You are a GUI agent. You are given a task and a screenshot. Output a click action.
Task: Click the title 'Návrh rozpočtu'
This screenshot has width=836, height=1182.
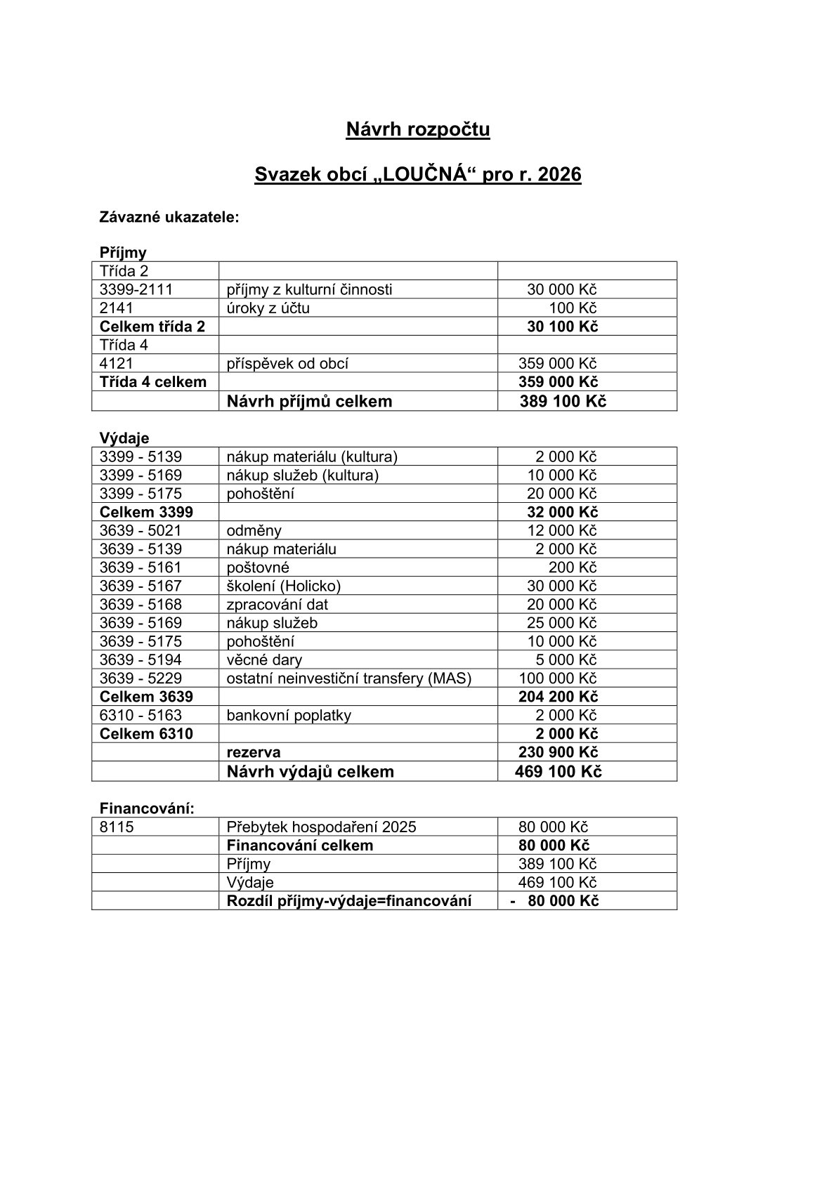pos(417,130)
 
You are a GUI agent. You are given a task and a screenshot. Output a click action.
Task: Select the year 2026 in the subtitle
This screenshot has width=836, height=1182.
pos(559,174)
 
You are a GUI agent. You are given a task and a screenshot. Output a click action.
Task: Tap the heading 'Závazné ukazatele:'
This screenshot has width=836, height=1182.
pos(169,217)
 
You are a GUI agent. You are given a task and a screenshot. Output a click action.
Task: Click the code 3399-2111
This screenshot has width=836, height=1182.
pos(136,289)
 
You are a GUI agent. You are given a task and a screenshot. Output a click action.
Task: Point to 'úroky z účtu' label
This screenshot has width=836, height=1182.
pos(268,308)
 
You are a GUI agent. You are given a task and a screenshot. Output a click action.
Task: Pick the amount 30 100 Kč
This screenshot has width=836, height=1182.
pos(562,327)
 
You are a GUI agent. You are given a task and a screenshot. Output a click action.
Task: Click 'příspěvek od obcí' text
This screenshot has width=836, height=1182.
pos(287,363)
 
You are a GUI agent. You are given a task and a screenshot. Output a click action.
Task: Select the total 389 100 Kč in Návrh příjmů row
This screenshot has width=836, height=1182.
pos(563,401)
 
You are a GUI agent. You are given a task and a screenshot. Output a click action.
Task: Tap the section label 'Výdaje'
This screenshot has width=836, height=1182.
pos(124,438)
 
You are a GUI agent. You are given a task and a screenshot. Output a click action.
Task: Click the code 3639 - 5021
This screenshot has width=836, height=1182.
pos(141,530)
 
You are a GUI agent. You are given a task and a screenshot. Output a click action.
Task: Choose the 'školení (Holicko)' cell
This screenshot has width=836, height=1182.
pos(283,586)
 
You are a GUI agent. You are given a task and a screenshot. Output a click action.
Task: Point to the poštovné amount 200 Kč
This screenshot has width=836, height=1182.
pos(572,567)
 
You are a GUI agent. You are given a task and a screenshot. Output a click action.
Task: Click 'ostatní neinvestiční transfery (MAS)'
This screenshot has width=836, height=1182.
pos(348,678)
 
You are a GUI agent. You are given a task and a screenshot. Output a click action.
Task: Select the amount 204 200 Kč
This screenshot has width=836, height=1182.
pos(558,697)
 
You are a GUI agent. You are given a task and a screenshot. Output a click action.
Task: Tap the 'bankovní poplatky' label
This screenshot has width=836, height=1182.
pos(289,715)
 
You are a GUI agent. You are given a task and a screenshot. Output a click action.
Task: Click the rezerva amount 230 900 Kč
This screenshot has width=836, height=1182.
pos(558,752)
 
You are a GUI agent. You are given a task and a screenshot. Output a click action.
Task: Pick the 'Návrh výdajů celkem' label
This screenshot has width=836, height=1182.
pos(310,772)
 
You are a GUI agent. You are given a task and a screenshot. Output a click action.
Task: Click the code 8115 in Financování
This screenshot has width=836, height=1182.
pos(117,827)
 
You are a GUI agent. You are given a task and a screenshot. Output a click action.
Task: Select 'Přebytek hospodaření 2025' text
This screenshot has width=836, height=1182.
pos(321,827)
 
